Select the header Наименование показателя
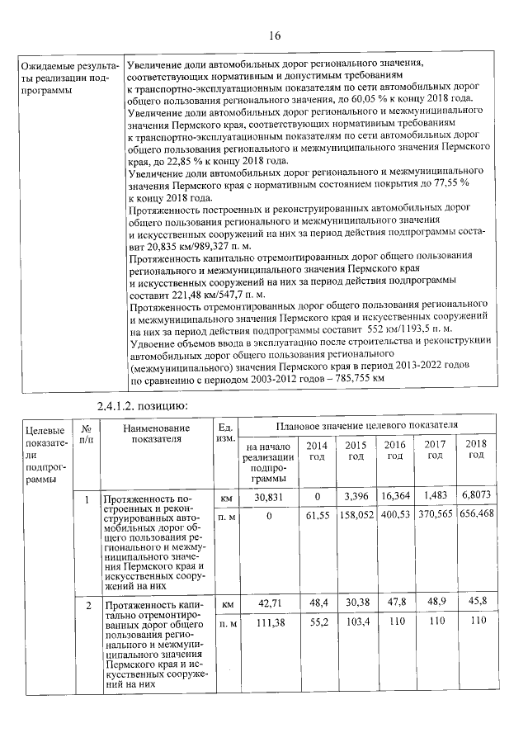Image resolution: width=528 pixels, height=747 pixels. pyautogui.click(x=156, y=433)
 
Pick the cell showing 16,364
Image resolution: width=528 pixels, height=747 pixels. pyautogui.click(x=395, y=498)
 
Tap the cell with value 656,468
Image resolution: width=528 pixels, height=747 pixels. pyautogui.click(x=475, y=513)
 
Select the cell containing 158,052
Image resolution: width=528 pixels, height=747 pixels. pyautogui.click(x=355, y=513)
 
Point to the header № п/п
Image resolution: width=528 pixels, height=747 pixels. pyautogui.click(x=86, y=434)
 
